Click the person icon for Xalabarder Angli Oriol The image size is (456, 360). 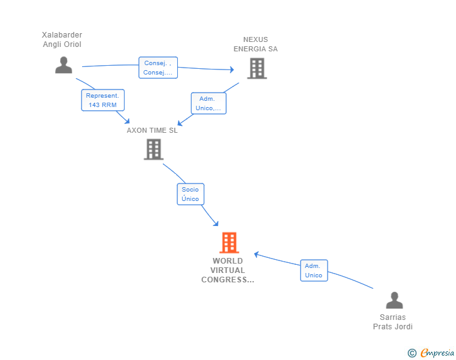click(x=64, y=65)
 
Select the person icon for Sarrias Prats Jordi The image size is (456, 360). click(x=395, y=300)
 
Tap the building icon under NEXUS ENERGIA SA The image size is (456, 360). click(x=257, y=68)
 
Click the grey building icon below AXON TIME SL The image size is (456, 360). click(x=153, y=150)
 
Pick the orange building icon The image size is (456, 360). click(x=229, y=242)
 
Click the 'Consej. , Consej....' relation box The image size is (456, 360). click(x=158, y=68)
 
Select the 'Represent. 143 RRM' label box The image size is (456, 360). click(x=103, y=100)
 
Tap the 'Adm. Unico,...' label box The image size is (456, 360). click(x=209, y=103)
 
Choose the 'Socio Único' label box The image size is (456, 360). click(x=190, y=194)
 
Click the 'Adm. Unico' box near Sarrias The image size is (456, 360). click(x=314, y=270)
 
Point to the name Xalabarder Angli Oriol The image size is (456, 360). click(x=62, y=39)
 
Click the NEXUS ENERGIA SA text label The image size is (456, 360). click(x=256, y=44)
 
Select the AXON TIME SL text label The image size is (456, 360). click(x=152, y=130)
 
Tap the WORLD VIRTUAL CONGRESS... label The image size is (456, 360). click(x=228, y=270)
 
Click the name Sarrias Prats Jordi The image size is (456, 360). click(x=393, y=322)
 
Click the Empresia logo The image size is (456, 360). click(x=437, y=353)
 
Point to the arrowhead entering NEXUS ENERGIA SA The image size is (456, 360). click(x=232, y=69)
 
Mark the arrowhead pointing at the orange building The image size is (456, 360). click(x=215, y=223)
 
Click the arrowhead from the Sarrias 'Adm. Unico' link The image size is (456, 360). click(x=257, y=254)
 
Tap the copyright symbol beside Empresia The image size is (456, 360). click(x=412, y=353)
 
